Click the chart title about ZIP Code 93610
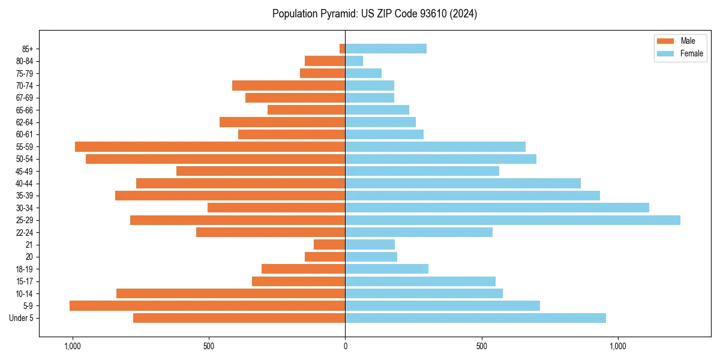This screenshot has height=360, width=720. [374, 14]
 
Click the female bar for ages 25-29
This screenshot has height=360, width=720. [512, 220]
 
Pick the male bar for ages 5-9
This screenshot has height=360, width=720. [207, 305]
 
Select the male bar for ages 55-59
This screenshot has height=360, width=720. [210, 146]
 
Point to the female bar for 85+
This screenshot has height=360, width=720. [386, 49]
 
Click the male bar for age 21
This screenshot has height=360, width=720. [329, 244]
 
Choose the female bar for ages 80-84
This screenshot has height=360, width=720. [354, 61]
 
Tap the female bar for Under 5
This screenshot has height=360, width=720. [475, 318]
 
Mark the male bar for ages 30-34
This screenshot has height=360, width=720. [276, 208]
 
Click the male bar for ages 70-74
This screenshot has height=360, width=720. [289, 85]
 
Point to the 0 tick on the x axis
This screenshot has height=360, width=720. [345, 346]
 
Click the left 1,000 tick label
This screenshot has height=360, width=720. [72, 346]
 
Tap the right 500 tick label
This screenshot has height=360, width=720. [481, 346]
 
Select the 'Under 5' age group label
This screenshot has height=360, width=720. [21, 318]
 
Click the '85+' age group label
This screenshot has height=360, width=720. [27, 49]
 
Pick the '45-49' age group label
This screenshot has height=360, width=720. [25, 171]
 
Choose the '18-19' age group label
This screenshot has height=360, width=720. [25, 269]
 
